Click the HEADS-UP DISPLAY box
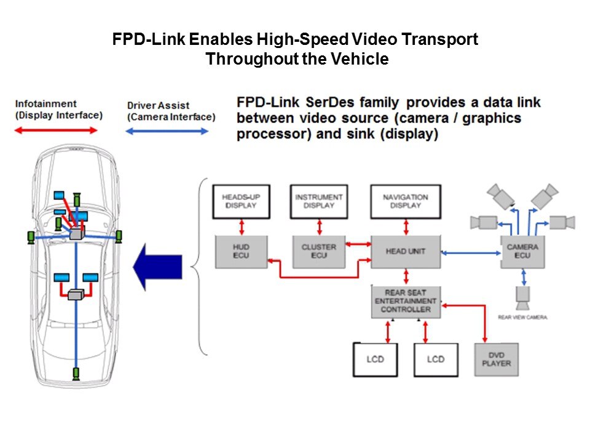pyautogui.click(x=241, y=201)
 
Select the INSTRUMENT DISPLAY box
pyautogui.click(x=318, y=201)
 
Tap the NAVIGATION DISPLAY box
pyautogui.click(x=405, y=201)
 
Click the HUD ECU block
pyautogui.click(x=241, y=251)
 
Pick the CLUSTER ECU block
pyautogui.click(x=318, y=251)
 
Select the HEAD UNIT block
pyautogui.click(x=405, y=251)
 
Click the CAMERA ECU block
pyautogui.click(x=522, y=251)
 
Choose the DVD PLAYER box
pyautogui.click(x=496, y=359)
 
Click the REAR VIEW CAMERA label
pyautogui.click(x=522, y=317)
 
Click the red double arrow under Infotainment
pyautogui.click(x=56, y=130)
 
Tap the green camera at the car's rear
pyautogui.click(x=76, y=373)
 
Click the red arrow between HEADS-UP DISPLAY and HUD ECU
pyautogui.click(x=241, y=226)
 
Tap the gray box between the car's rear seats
pyautogui.click(x=76, y=295)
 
